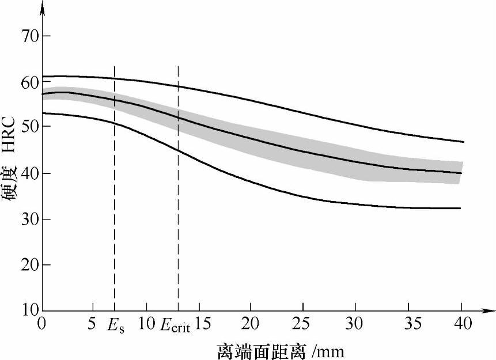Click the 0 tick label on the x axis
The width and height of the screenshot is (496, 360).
(x=41, y=324)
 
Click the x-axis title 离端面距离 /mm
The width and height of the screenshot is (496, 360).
(x=281, y=350)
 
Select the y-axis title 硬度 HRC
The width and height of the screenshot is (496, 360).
(x=12, y=173)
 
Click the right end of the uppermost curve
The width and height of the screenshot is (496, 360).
(x=463, y=142)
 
